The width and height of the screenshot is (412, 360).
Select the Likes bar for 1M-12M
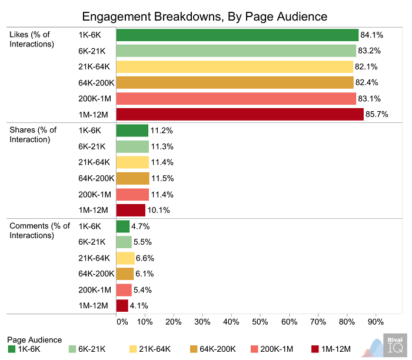point(240,115)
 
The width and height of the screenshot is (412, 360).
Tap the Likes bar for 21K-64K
point(234,66)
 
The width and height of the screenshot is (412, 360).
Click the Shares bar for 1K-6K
point(132,131)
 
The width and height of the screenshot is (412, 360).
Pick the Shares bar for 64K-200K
point(132,178)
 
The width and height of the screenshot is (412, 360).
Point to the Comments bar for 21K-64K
point(125,258)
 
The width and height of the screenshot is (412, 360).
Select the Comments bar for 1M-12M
point(122,305)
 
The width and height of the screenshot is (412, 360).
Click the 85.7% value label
point(377,115)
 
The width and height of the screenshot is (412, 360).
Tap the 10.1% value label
point(159,210)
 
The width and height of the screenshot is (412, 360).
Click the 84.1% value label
point(371,35)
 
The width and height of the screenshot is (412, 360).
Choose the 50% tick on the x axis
point(260,322)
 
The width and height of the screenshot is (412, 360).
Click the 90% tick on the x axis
point(376,322)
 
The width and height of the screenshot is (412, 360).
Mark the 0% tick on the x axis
point(121,322)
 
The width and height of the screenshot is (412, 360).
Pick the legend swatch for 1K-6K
point(12,349)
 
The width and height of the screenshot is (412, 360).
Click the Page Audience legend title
point(35,339)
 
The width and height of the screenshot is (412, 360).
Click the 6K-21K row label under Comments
point(92,242)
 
